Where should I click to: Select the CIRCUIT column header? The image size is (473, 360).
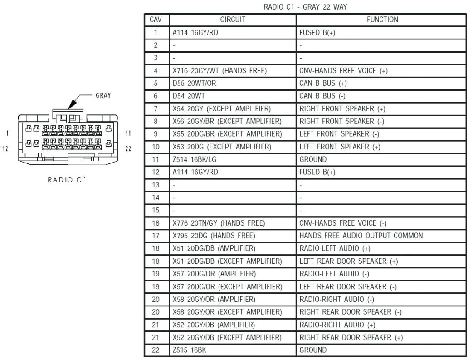click(x=233, y=20)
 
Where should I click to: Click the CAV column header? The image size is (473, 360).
click(x=156, y=20)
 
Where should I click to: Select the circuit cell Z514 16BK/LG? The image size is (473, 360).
click(x=194, y=160)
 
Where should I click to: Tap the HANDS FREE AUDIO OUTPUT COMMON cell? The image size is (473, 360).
click(x=361, y=236)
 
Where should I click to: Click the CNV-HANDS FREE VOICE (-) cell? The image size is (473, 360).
click(x=342, y=223)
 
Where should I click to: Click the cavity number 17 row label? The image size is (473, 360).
click(x=156, y=236)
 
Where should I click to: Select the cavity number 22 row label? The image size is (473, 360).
click(x=156, y=350)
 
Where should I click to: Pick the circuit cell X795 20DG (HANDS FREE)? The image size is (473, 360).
click(x=214, y=236)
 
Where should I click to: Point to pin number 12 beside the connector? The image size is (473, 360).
click(x=6, y=148)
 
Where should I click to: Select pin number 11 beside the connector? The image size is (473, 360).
click(x=128, y=133)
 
